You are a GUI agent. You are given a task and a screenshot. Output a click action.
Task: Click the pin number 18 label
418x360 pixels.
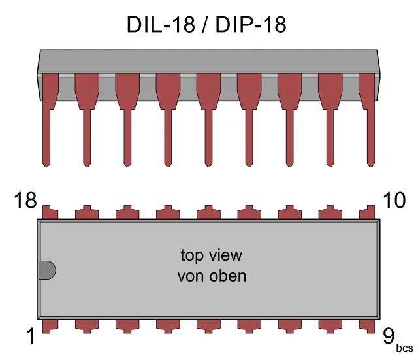25,201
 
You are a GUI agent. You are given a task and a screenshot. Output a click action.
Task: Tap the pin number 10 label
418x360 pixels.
394,201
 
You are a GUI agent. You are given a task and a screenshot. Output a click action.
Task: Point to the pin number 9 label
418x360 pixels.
389,336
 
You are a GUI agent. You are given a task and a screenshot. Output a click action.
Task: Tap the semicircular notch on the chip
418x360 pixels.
46,270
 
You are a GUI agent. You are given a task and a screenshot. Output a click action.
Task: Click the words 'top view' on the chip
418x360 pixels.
211,254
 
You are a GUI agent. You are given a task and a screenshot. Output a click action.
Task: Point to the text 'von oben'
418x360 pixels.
212,276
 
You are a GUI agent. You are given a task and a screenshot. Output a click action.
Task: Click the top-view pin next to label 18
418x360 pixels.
47,213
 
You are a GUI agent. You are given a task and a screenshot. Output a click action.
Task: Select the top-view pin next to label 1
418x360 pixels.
47,325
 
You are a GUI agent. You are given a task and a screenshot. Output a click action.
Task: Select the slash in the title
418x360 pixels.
207,25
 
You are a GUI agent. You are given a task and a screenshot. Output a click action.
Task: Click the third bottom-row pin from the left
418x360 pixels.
127,325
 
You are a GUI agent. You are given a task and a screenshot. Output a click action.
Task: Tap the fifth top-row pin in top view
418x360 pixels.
208,213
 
